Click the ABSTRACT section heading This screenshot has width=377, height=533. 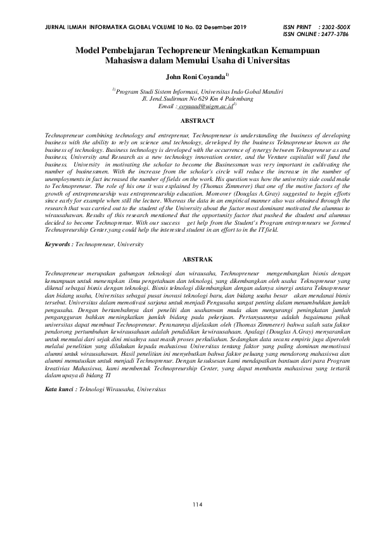tap(198, 120)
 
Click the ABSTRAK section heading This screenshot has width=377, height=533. tap(198, 260)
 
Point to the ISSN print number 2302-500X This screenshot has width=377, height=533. tap(335, 27)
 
